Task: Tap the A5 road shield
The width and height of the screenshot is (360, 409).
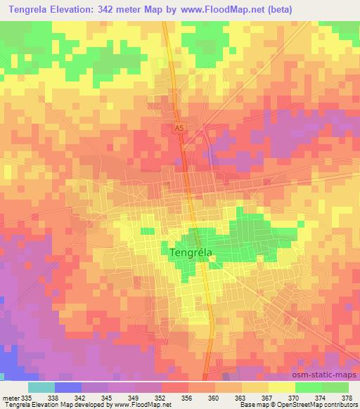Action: click(x=179, y=128)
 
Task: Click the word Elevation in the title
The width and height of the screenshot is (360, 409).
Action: click(x=88, y=9)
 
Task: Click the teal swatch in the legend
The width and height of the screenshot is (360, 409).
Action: click(x=41, y=387)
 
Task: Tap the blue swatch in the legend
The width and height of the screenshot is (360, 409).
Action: click(x=67, y=387)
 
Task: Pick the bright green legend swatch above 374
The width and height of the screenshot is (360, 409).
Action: click(x=308, y=387)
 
